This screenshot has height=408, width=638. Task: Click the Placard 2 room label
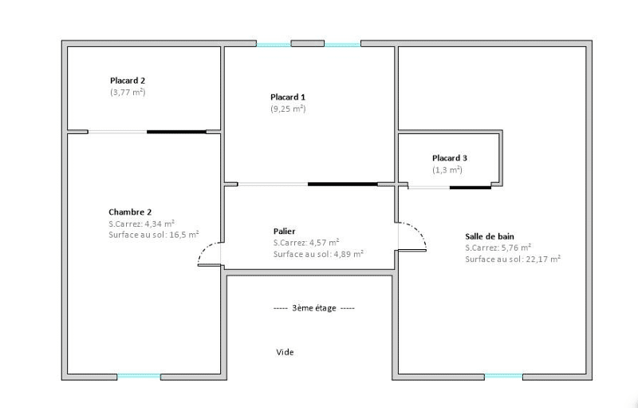128,81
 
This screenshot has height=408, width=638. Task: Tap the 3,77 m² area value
128,92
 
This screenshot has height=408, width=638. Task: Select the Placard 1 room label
288,97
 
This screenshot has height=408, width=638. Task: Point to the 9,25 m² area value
288,109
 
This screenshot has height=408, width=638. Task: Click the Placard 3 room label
450,158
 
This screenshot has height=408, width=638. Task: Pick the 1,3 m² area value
447,170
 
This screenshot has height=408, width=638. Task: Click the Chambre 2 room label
130,212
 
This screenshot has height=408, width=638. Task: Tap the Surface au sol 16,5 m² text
154,235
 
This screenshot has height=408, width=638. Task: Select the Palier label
285,232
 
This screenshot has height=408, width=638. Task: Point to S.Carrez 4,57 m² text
306,243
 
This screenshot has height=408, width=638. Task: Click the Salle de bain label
490,236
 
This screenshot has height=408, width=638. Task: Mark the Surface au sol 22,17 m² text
513,259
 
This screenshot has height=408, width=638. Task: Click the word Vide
285,352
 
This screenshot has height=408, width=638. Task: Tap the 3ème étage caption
314,308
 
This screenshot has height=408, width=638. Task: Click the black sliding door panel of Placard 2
176,132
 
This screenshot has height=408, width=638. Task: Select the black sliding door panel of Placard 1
343,184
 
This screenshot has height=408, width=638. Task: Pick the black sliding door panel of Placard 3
471,188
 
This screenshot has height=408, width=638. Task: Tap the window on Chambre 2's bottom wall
139,377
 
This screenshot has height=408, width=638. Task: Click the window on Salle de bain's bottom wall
504,377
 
